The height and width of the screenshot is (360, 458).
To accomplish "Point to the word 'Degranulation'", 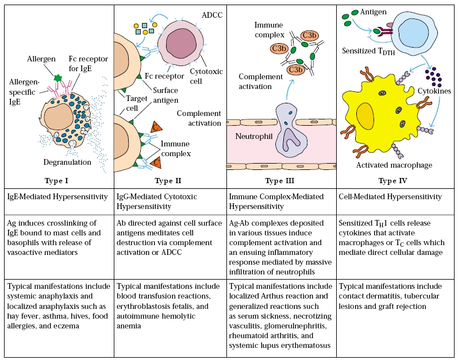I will pos(68,162).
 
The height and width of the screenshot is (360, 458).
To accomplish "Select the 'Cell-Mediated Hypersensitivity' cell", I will pos(390,197).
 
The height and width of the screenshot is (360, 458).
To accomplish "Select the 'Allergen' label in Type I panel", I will pos(41,59).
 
